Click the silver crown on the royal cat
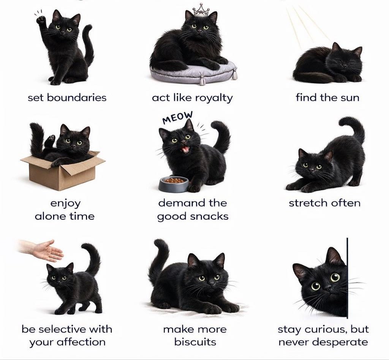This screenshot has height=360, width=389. pos(201,9)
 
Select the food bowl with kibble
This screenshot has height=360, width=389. pos(174,184)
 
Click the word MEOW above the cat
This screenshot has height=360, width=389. pos(177,118)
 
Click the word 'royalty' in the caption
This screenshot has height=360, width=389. pos(213,98)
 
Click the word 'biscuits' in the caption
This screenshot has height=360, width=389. pos(195,342)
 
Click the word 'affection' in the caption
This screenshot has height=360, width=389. pos(81,342)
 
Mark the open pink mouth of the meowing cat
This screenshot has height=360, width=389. pos(185,149)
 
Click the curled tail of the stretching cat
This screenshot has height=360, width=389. pos(353,127)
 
